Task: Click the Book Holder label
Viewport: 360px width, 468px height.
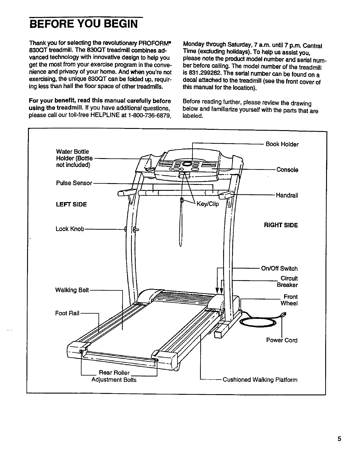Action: [282, 144]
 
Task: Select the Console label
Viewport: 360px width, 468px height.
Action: [287, 170]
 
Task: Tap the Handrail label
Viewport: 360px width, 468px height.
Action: [287, 196]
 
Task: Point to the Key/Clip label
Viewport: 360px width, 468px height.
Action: [207, 204]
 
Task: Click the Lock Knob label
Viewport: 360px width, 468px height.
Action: [70, 229]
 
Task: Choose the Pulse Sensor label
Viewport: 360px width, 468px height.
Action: [74, 183]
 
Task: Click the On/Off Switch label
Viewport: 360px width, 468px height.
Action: [279, 269]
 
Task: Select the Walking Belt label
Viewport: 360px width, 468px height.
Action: [72, 290]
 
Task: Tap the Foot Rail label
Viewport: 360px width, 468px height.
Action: [67, 313]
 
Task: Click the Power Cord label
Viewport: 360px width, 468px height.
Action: [281, 340]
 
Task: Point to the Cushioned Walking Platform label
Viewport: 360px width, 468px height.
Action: [260, 380]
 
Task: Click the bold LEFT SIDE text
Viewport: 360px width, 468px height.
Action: [71, 205]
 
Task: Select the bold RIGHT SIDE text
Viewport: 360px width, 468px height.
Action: [281, 225]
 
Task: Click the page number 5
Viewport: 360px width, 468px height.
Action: [339, 439]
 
